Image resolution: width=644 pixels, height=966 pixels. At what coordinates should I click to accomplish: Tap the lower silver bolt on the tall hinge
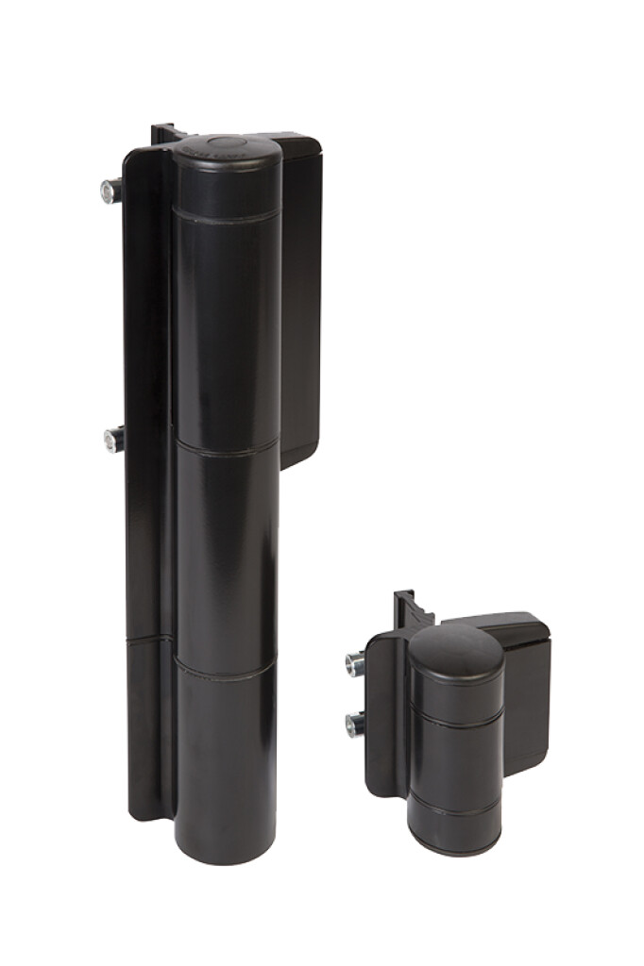click(113, 439)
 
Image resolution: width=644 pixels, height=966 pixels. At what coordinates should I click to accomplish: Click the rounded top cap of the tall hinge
click(227, 151)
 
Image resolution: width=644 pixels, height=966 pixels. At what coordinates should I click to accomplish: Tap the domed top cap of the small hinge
click(456, 651)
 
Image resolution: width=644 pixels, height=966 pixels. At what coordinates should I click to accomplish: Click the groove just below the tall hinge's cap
click(227, 219)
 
